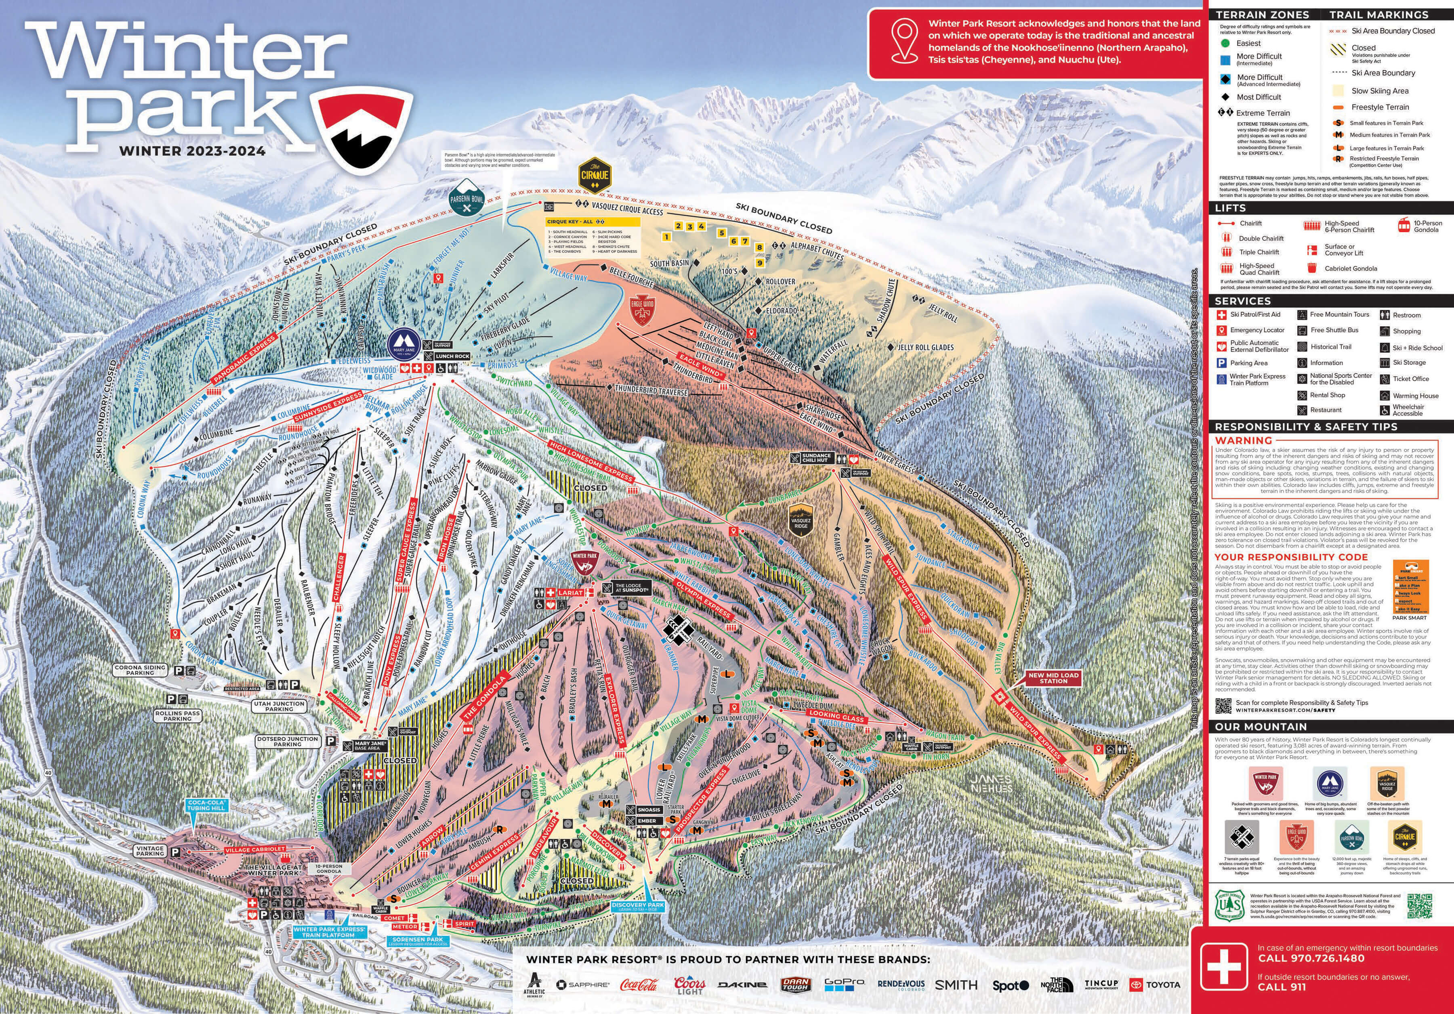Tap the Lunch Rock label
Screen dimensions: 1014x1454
(453, 356)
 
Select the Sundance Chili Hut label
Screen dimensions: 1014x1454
(816, 458)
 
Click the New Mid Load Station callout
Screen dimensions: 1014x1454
(1053, 678)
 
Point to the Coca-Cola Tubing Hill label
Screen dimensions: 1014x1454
(206, 805)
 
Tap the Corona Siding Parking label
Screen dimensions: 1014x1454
(140, 670)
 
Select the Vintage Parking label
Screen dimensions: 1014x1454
(150, 851)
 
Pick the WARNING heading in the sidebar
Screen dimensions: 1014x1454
(1243, 440)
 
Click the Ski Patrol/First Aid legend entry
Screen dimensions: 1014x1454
(1254, 314)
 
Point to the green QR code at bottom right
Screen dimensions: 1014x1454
(1419, 906)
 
